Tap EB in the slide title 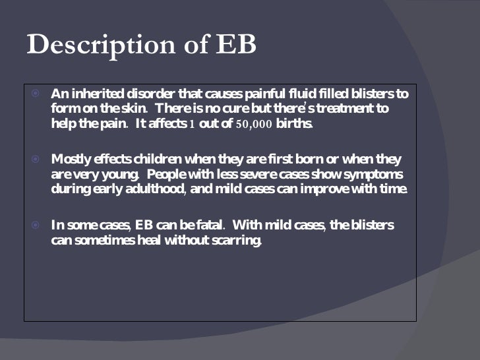tap(234, 45)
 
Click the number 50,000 tap(253, 123)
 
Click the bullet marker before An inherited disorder tap(37, 93)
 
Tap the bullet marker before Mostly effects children tap(37, 159)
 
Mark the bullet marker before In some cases tap(37, 225)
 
